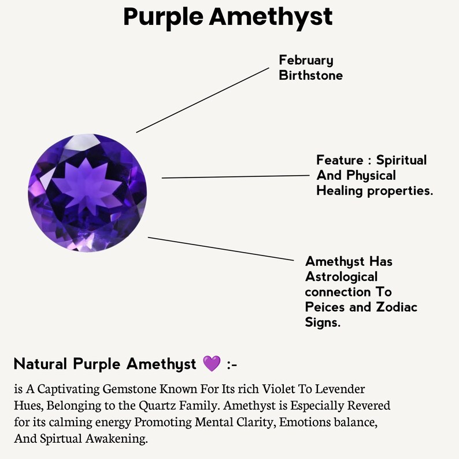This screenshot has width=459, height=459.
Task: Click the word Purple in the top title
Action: click(x=164, y=17)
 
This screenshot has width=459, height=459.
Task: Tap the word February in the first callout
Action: click(x=306, y=61)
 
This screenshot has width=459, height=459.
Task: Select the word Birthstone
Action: click(x=311, y=76)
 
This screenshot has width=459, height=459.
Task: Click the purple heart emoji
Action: click(x=212, y=364)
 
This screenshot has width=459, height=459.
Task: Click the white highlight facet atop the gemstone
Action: click(x=83, y=143)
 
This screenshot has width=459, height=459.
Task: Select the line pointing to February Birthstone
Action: click(x=202, y=100)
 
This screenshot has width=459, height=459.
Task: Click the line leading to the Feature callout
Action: click(x=236, y=176)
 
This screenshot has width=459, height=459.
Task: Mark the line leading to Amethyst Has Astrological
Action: click(x=221, y=249)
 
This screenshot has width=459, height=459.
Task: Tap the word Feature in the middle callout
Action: click(x=340, y=160)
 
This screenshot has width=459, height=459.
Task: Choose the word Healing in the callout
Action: click(x=339, y=191)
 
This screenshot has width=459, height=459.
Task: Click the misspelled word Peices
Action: click(x=325, y=307)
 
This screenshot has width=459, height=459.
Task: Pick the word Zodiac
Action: click(x=397, y=307)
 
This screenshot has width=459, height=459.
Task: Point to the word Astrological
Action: click(x=341, y=277)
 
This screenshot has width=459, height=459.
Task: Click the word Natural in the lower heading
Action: click(x=40, y=364)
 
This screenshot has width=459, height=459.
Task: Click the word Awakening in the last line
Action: click(x=117, y=439)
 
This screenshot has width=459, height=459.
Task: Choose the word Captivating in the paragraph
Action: click(x=68, y=389)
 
